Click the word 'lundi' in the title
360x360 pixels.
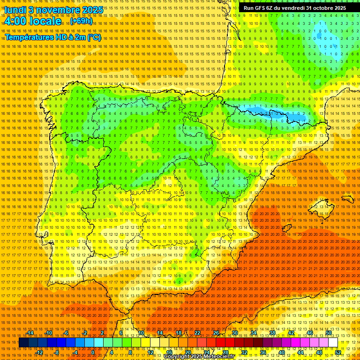pos(15,9)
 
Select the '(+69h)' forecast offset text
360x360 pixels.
pos(82,21)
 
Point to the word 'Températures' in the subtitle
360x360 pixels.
pos(29,37)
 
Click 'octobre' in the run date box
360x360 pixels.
pos(318,8)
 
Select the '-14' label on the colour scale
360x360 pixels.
pos(30,333)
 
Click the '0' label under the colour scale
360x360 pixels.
pos(93,352)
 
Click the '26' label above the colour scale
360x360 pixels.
pos(216,333)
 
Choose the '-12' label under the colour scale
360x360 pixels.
pos(40,352)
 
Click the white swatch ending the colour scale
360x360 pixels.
pos(333,343)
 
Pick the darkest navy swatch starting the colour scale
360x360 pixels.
pos(23,343)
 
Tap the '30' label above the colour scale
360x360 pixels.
pos(235,333)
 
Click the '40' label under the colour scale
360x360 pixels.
pos(282,352)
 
